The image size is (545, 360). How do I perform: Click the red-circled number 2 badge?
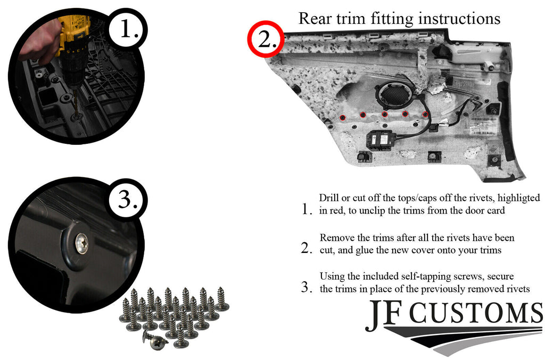pos(266,39)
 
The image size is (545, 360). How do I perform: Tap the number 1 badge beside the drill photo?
pos(128,29)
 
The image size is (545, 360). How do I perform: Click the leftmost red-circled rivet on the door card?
pos(343,118)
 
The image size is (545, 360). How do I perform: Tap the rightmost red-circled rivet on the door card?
pos(425,114)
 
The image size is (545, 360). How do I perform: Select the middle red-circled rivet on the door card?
pos(384,114)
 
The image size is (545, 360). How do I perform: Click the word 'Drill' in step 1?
pos(329,198)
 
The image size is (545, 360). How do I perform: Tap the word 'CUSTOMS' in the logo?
pos(475,313)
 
